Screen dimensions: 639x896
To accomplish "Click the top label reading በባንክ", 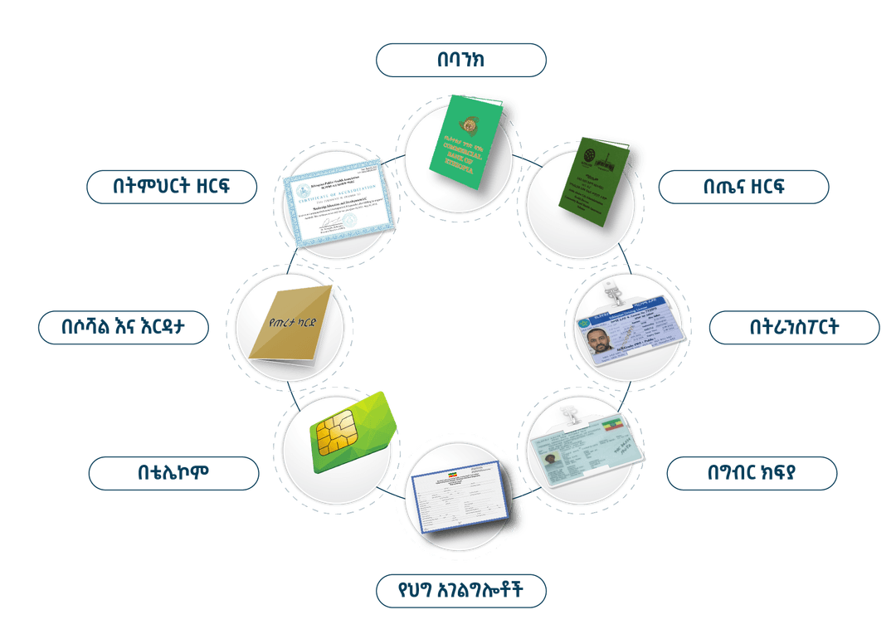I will pyautogui.click(x=460, y=60).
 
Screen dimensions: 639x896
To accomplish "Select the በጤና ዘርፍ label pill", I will pyautogui.click(x=743, y=187).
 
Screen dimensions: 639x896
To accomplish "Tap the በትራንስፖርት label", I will pyautogui.click(x=793, y=327).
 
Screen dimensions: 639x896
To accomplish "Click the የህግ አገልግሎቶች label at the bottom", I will pyautogui.click(x=460, y=592).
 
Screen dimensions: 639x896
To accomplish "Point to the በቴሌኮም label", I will pyautogui.click(x=173, y=472).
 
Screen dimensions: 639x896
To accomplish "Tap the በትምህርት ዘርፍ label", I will pyautogui.click(x=173, y=187).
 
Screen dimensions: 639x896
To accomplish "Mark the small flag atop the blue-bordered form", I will pyautogui.click(x=451, y=476).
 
